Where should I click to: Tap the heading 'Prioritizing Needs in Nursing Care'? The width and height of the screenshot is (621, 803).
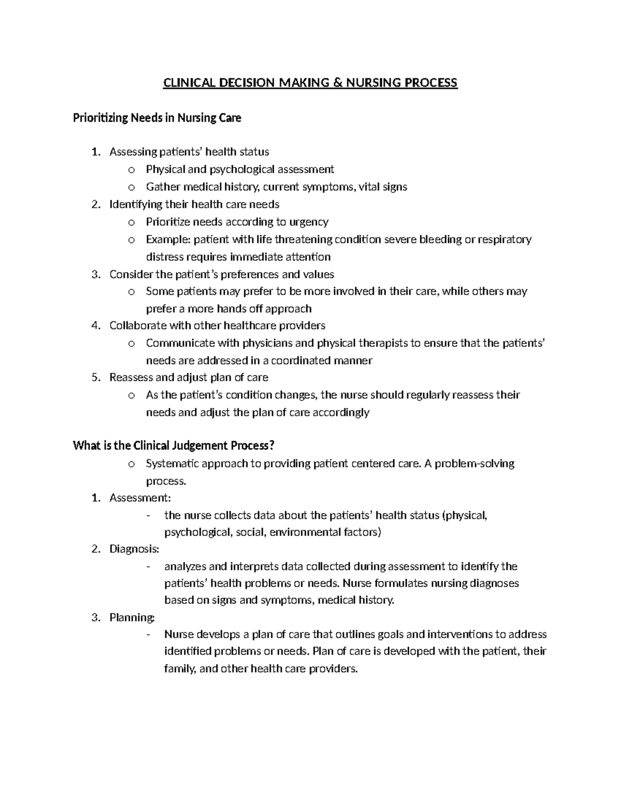pos(157,118)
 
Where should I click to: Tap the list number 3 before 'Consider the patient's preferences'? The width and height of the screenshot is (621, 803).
pos(95,275)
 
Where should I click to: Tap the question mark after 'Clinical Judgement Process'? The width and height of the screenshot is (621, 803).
pos(272,445)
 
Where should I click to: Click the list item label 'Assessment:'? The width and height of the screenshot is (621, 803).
pos(140,498)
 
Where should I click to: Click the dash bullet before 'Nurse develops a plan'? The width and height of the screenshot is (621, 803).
pos(149,634)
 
